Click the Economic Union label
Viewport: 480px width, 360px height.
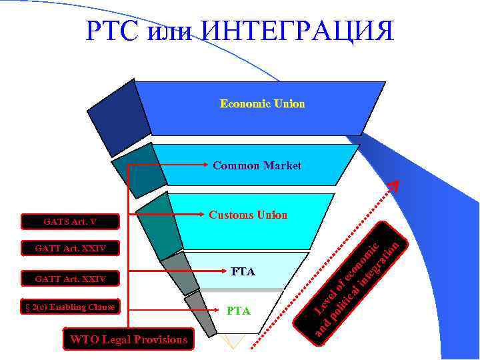pyautogui.click(x=263, y=104)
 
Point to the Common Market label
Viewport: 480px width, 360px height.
pyautogui.click(x=257, y=165)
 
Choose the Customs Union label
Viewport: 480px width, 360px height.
pyautogui.click(x=248, y=215)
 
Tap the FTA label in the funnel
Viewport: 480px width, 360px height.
pyautogui.click(x=243, y=272)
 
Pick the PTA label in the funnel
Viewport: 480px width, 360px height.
pyautogui.click(x=239, y=311)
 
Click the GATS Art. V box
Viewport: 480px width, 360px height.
pyautogui.click(x=70, y=220)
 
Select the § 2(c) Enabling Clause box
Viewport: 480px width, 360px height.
pyautogui.click(x=70, y=307)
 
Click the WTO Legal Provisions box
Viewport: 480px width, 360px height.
pyautogui.click(x=129, y=339)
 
